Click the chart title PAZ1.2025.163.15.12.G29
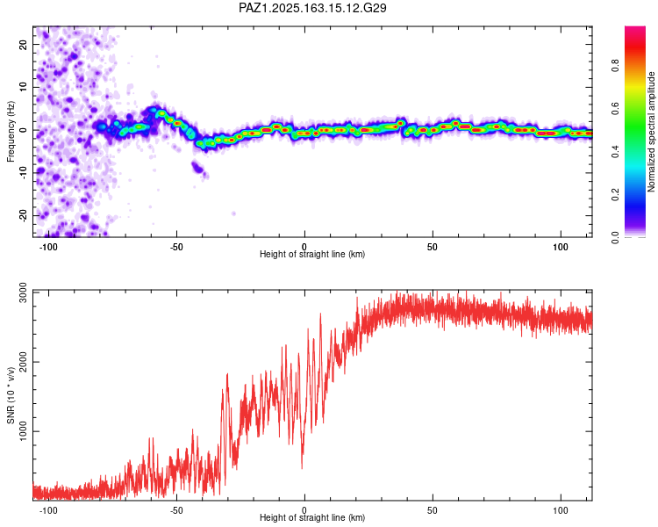click(x=312, y=8)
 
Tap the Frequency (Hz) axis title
click(x=11, y=131)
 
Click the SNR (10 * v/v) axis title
click(x=11, y=395)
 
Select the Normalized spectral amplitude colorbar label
click(x=651, y=132)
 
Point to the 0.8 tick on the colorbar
click(x=615, y=66)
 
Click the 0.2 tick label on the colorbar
click(x=615, y=195)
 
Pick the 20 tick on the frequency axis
click(x=24, y=44)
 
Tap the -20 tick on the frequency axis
click(x=24, y=216)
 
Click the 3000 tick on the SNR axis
click(x=24, y=292)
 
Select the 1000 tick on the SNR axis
click(x=24, y=431)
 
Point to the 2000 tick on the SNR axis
click(x=24, y=362)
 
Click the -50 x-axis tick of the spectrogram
click(x=176, y=247)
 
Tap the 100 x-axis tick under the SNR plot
click(x=561, y=510)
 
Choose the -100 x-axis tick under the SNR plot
click(x=48, y=510)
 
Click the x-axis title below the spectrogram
click(x=312, y=254)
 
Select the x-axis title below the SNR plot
click(x=312, y=517)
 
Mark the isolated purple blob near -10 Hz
click(x=198, y=168)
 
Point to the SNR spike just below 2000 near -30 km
click(x=227, y=375)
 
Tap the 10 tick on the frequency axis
click(x=24, y=87)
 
